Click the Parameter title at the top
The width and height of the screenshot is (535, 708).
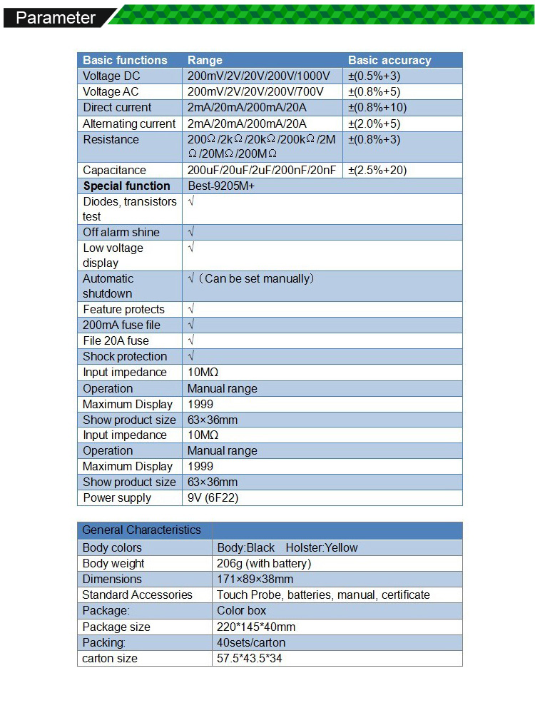click(56, 18)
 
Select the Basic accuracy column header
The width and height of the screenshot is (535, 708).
click(389, 60)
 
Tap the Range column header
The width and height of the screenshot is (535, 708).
click(205, 60)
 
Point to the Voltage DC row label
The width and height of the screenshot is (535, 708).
click(111, 76)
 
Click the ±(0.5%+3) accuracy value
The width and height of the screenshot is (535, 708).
click(374, 76)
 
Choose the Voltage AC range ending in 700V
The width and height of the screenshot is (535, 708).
click(255, 91)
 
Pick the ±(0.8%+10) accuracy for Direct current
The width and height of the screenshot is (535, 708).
click(377, 107)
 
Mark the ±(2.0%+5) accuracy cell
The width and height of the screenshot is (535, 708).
click(374, 123)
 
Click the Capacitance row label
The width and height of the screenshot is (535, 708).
click(114, 170)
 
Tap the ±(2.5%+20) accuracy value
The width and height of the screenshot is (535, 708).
click(377, 170)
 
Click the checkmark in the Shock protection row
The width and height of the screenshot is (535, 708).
click(190, 356)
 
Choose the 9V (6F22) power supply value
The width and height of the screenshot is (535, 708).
click(213, 497)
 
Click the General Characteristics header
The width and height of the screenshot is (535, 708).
click(141, 530)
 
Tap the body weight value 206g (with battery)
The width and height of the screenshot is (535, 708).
click(264, 563)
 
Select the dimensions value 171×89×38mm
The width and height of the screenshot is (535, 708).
click(255, 579)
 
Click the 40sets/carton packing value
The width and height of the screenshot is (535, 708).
click(251, 642)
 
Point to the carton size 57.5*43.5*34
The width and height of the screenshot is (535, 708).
click(249, 658)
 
